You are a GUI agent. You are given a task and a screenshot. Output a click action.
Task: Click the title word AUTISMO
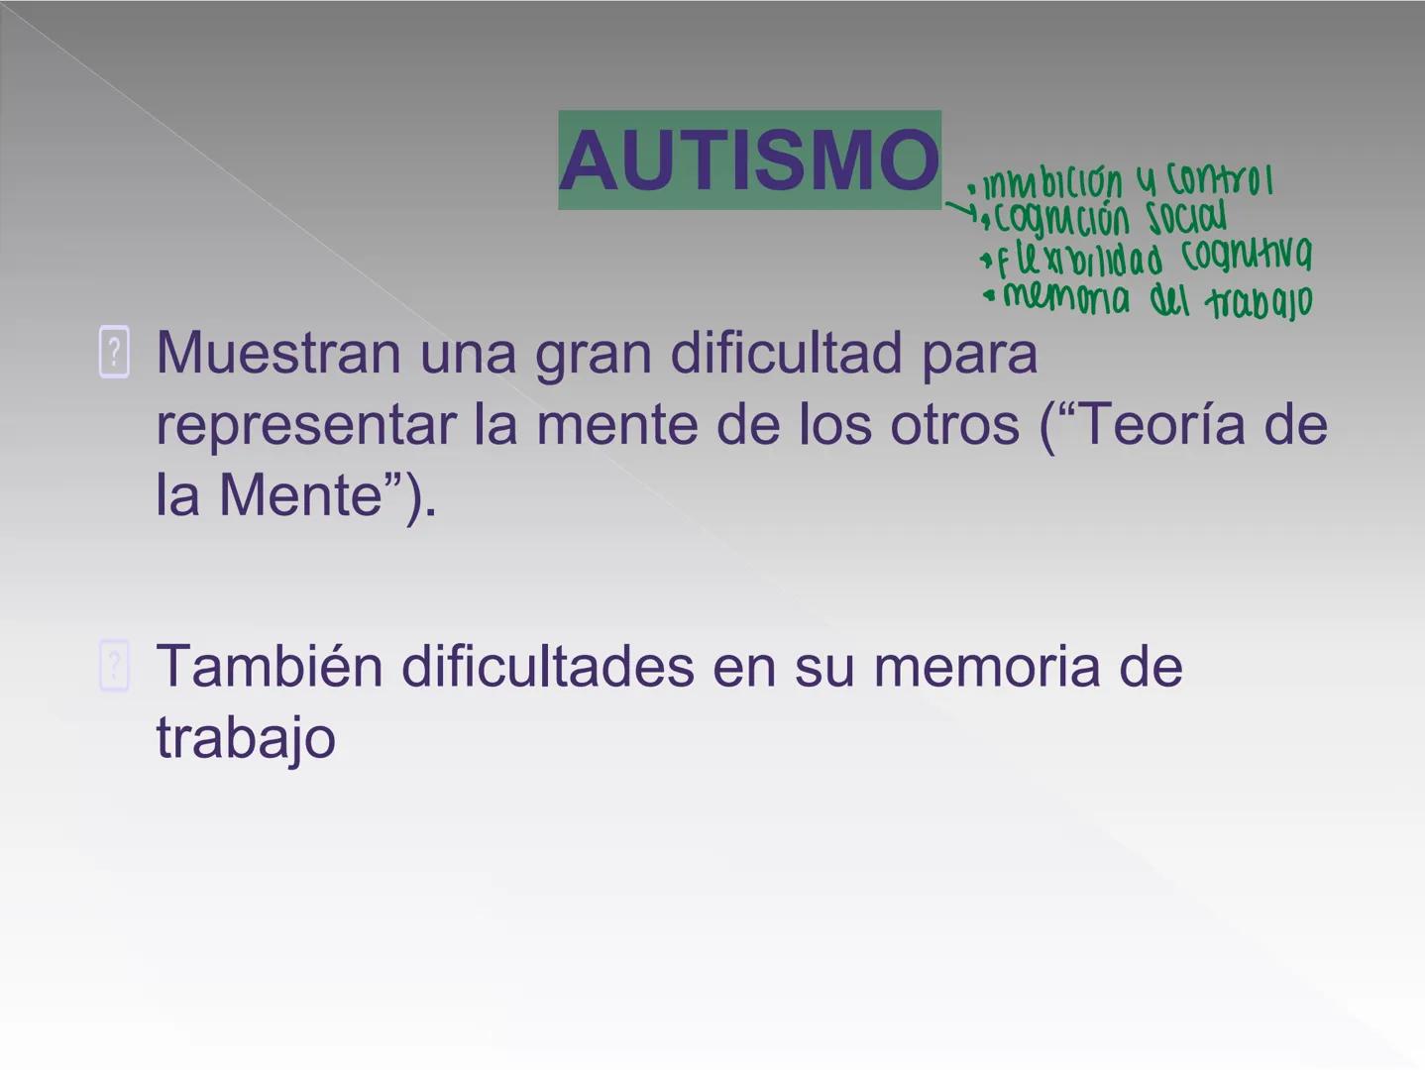(x=749, y=160)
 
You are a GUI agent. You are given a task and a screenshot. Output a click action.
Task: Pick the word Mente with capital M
(x=300, y=495)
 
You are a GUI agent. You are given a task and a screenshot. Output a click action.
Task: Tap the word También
(x=270, y=666)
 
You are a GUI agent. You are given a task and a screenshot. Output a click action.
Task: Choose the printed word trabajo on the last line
(x=246, y=738)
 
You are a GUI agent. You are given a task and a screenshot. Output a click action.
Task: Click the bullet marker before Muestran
(x=114, y=352)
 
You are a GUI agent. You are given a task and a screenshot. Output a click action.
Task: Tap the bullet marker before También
(x=114, y=666)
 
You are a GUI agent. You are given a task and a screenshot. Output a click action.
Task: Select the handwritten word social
(x=1186, y=218)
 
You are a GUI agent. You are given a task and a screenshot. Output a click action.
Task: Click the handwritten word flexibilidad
(x=1080, y=260)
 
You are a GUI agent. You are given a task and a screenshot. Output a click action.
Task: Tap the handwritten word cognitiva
(x=1247, y=256)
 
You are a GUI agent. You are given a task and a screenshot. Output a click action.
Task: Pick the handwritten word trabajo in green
(x=1259, y=301)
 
